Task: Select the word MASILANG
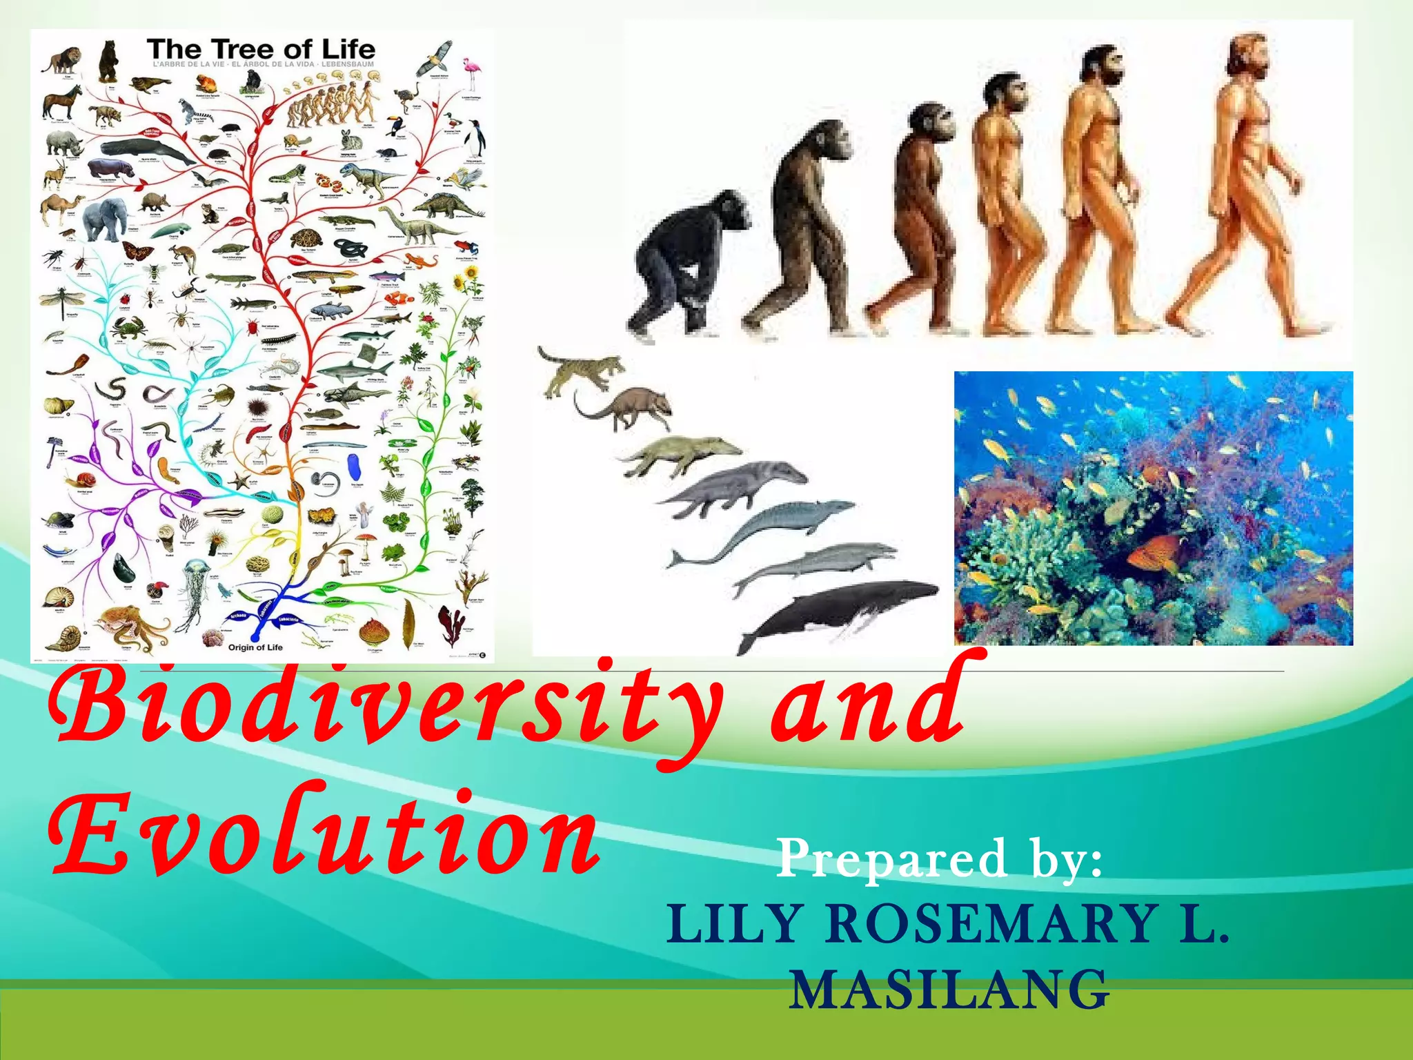click(x=949, y=990)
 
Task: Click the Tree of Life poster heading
click(x=261, y=50)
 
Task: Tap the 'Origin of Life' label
click(x=255, y=647)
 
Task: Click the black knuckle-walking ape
click(x=690, y=266)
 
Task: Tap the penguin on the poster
click(x=475, y=138)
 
